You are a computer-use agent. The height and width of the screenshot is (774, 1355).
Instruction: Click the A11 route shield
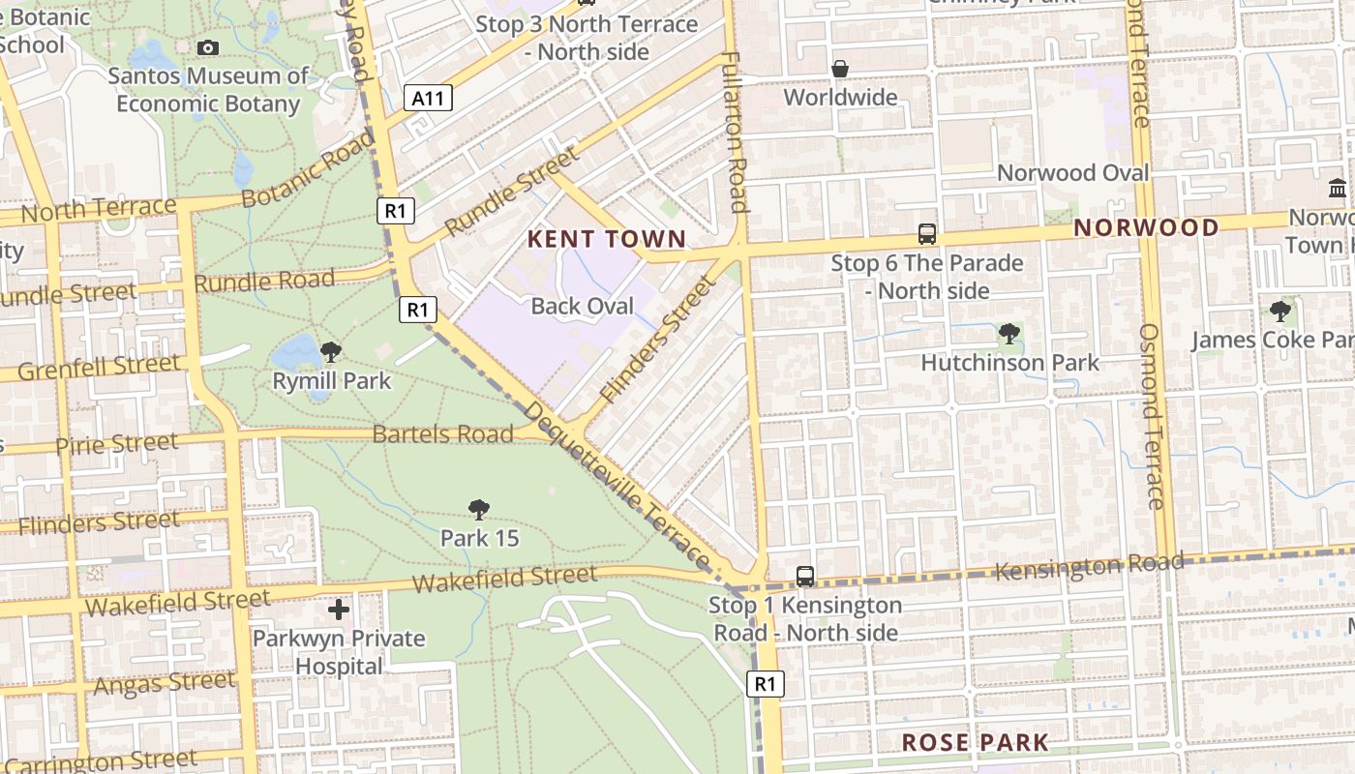point(428,98)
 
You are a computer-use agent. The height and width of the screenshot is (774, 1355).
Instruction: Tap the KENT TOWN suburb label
point(607,239)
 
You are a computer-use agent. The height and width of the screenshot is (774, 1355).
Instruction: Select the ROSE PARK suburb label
point(975,743)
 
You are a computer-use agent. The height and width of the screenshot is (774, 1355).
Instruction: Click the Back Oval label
point(583,307)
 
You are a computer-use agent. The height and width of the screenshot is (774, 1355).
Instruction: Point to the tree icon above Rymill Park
point(331,351)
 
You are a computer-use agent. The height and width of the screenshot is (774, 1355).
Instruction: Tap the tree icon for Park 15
point(479,509)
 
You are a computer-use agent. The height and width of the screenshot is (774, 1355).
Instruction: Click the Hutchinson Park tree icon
point(1009,334)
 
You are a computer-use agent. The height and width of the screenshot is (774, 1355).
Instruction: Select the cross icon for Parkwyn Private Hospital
point(339,610)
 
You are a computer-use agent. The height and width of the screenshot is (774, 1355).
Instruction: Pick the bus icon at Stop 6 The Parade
point(927,233)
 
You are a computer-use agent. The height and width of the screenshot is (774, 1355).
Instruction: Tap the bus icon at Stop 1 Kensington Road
point(805,576)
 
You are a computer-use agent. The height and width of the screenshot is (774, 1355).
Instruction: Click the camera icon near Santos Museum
point(208,47)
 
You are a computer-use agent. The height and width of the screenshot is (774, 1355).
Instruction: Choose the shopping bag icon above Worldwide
point(840,69)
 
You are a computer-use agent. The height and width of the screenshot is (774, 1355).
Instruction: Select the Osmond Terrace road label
point(1150,416)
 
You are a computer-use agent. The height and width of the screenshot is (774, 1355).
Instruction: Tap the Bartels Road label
point(442,434)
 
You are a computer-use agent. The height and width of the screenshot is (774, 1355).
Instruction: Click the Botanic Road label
point(308,170)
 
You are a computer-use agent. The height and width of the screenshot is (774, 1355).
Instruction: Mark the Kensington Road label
point(1090,567)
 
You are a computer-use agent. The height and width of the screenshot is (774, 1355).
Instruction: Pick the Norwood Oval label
point(1072,173)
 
